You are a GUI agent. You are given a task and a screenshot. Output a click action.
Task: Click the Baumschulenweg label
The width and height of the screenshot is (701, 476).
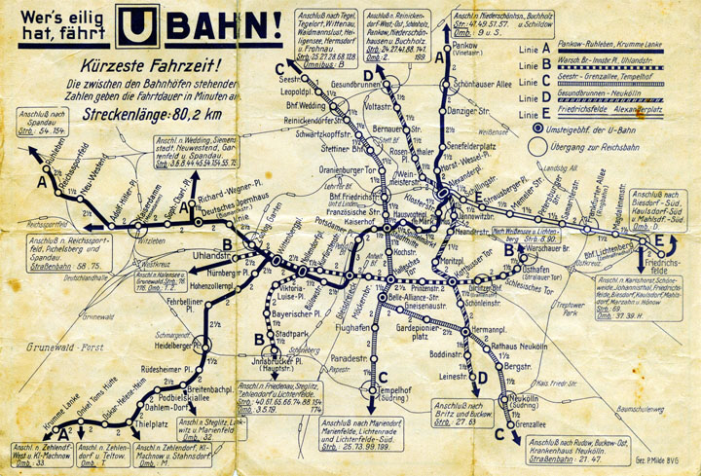point(632,401)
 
